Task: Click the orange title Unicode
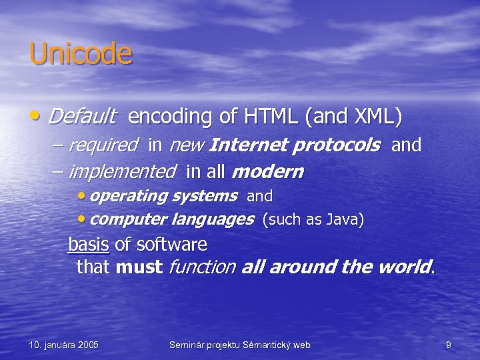tap(81, 54)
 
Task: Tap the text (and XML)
tap(353, 117)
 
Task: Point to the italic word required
tap(103, 145)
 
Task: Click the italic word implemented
tap(121, 172)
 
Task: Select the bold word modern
tap(267, 172)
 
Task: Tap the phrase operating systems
tap(163, 196)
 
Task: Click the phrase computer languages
tap(171, 219)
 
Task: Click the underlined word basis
tap(88, 245)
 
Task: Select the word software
tap(171, 245)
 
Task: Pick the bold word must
tap(139, 267)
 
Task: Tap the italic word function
tap(202, 267)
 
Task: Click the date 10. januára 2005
tap(64, 345)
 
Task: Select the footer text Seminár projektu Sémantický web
tap(239, 345)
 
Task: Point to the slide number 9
tap(449, 345)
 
